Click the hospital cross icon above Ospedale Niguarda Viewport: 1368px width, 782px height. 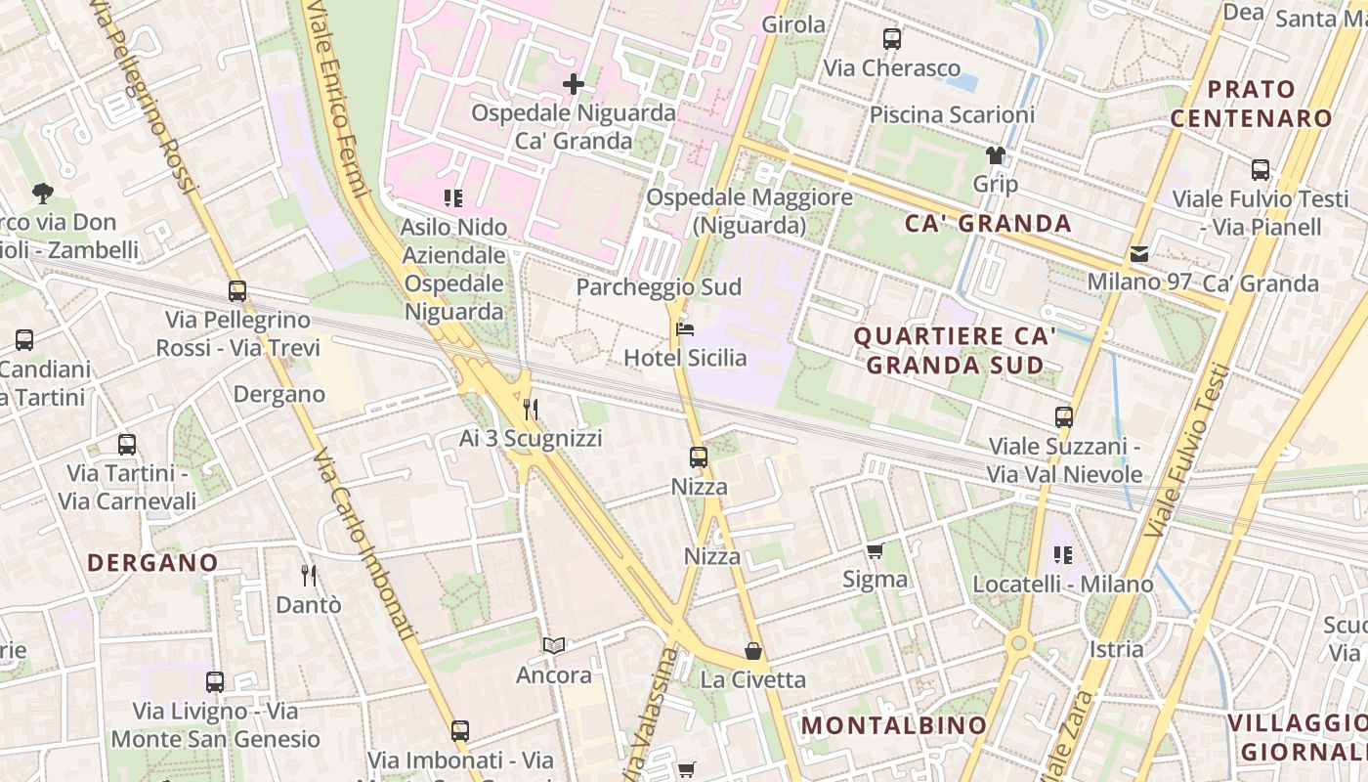coord(574,84)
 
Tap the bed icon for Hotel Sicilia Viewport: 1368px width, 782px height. coord(685,329)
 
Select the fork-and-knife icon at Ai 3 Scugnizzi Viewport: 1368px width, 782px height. coord(531,409)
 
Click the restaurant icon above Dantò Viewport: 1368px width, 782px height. coord(309,575)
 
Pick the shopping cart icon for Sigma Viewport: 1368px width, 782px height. coord(875,550)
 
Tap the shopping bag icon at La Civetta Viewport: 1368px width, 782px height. coord(753,651)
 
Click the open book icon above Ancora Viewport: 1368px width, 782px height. coord(554,645)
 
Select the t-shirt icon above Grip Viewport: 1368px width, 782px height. coord(995,154)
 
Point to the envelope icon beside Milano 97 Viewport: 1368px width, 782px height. coord(1139,254)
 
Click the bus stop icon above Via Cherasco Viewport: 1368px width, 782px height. coord(891,39)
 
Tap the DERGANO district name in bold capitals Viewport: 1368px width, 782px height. coord(152,563)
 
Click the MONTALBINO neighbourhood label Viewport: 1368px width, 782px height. coord(894,725)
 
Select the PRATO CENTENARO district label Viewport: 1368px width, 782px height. coord(1252,104)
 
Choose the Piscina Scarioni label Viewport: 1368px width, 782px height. coord(951,114)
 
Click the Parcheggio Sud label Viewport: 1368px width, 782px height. coord(659,287)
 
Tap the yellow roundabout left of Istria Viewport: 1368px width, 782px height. coord(1019,643)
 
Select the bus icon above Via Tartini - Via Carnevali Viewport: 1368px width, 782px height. coord(127,445)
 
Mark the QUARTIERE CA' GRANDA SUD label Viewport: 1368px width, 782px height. coord(955,351)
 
